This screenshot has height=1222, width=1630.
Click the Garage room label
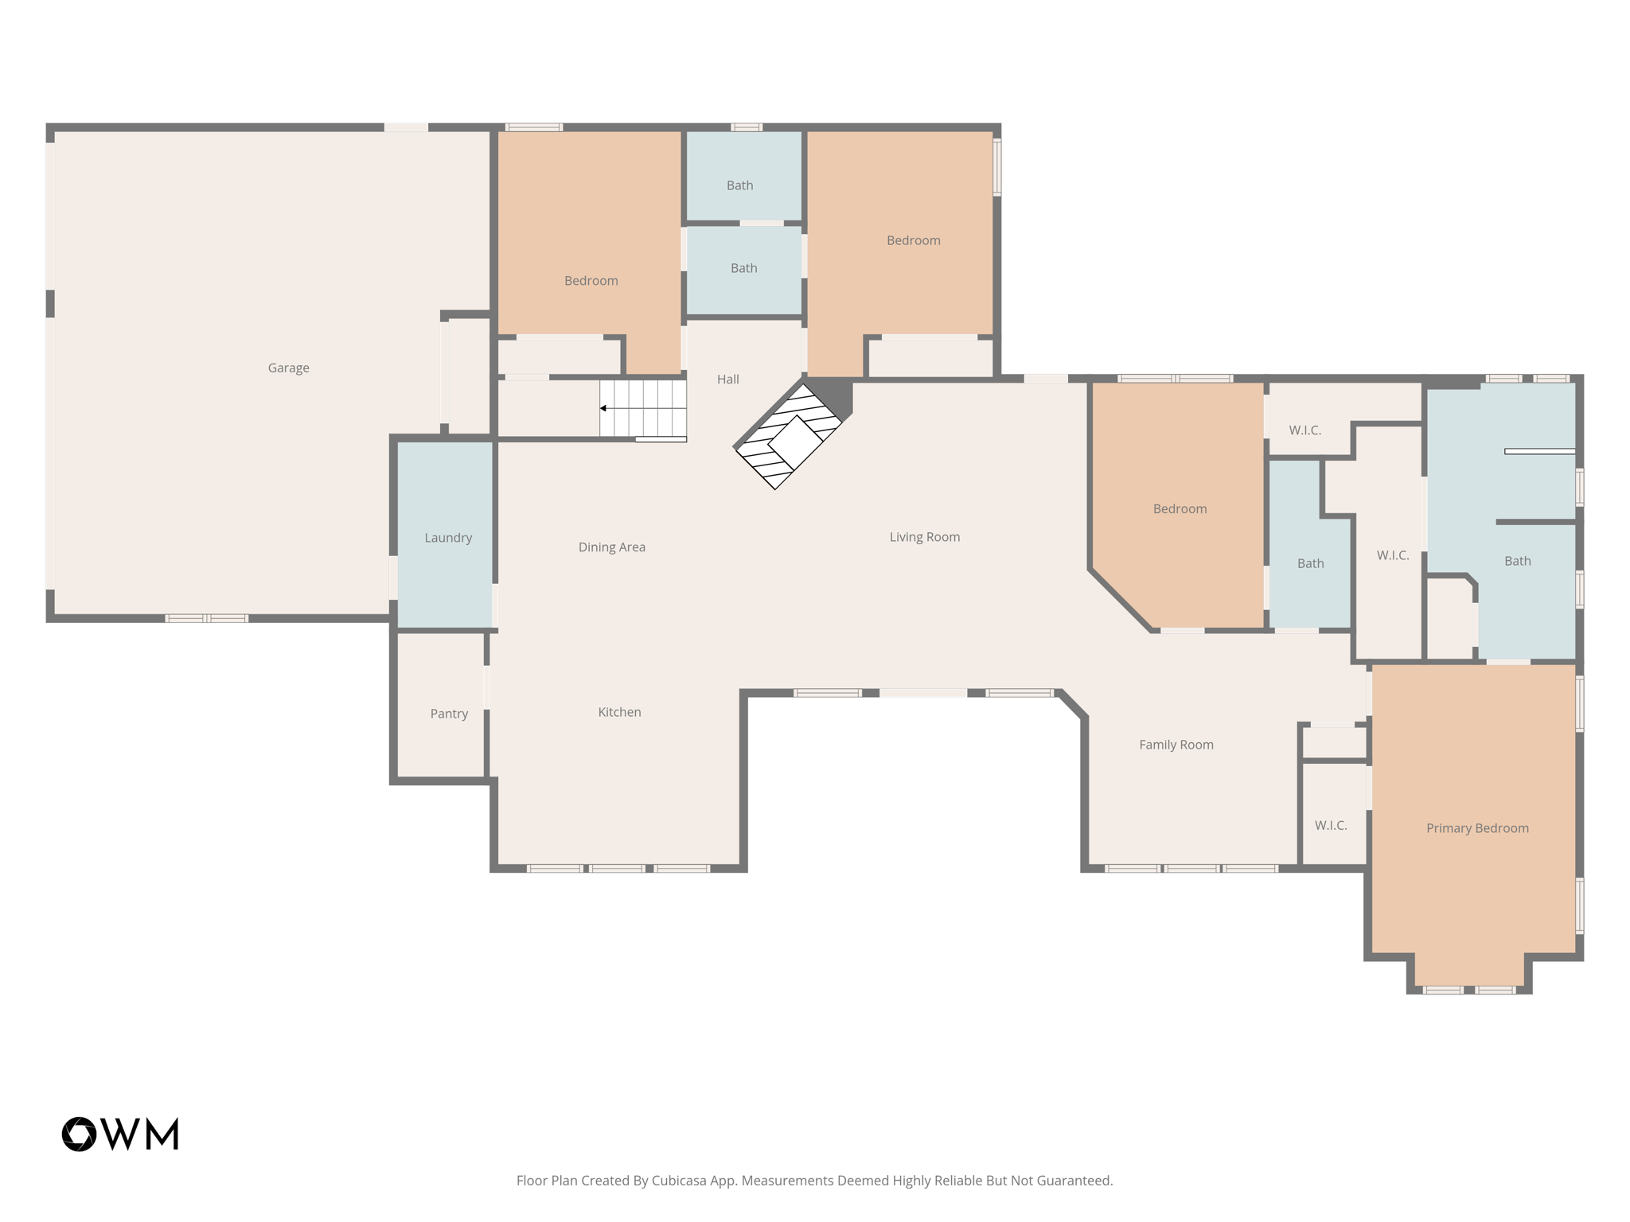pyautogui.click(x=288, y=368)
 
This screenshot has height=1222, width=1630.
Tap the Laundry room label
pyautogui.click(x=448, y=538)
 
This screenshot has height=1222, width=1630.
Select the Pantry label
pyautogui.click(x=449, y=714)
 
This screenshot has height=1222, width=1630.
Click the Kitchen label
pyautogui.click(x=619, y=712)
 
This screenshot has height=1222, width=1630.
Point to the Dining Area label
pyautogui.click(x=611, y=547)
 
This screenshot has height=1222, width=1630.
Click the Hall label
pyautogui.click(x=727, y=379)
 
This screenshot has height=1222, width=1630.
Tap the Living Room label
pyautogui.click(x=924, y=537)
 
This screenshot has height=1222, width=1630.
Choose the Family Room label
pyautogui.click(x=1176, y=745)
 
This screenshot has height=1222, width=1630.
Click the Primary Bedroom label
pyautogui.click(x=1476, y=828)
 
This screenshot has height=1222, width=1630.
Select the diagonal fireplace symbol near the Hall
pyautogui.click(x=788, y=437)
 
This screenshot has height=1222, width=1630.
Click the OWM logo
pyautogui.click(x=120, y=1134)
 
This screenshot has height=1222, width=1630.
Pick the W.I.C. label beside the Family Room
pyautogui.click(x=1330, y=826)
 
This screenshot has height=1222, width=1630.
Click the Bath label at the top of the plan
pyautogui.click(x=739, y=185)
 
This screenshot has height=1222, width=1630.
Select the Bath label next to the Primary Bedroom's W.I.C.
pyautogui.click(x=1517, y=561)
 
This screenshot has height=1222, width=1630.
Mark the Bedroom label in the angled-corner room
pyautogui.click(x=1180, y=509)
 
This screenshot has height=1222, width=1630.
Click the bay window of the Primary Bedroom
pyautogui.click(x=1468, y=990)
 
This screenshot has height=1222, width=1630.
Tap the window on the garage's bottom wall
pyautogui.click(x=206, y=618)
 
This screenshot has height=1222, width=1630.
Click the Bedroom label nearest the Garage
pyautogui.click(x=591, y=281)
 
